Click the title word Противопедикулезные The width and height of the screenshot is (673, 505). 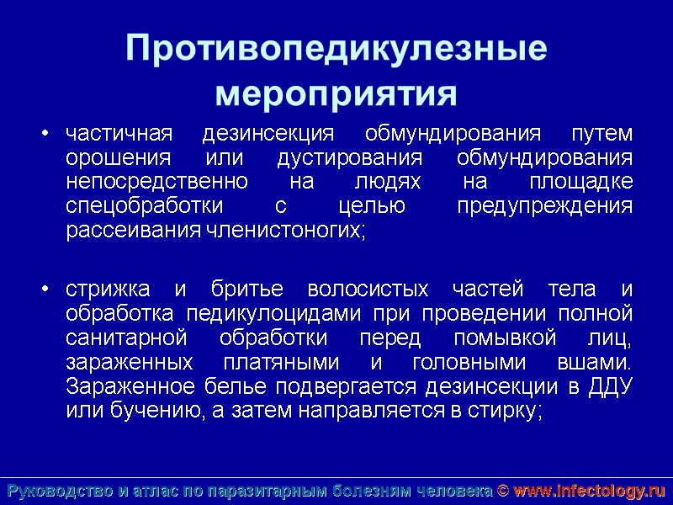click(336, 49)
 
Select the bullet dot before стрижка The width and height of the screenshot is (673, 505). click(46, 290)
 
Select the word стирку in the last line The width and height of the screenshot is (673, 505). click(508, 412)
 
